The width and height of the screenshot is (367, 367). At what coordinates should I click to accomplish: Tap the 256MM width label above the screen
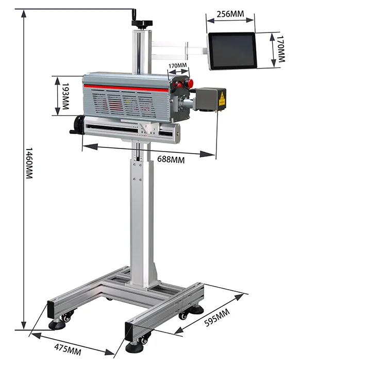click(230, 13)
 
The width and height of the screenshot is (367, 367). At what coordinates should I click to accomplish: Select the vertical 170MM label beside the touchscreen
click(279, 50)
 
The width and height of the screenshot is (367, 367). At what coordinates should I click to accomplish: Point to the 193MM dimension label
click(65, 96)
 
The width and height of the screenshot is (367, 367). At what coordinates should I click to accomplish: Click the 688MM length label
click(171, 159)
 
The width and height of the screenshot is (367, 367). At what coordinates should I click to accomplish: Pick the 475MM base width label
click(68, 349)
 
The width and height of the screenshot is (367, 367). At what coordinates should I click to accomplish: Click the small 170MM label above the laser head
click(177, 66)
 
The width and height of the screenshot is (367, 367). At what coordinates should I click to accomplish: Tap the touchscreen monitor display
click(232, 51)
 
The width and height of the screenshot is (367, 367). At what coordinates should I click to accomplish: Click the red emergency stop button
click(190, 82)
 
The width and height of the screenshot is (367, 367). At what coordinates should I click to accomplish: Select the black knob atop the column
click(143, 23)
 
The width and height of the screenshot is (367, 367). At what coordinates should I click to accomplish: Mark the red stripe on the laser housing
click(126, 87)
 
